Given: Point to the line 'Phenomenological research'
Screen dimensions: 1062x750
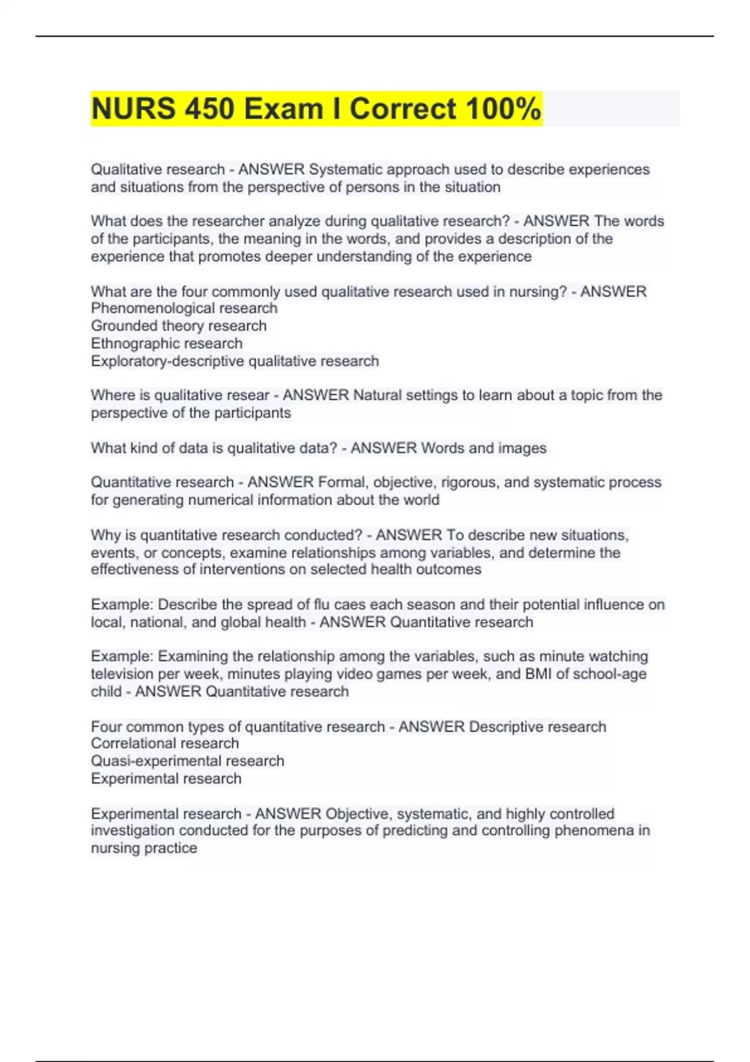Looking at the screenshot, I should click(x=184, y=308).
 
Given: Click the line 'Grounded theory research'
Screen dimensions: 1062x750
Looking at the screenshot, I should click(x=178, y=325).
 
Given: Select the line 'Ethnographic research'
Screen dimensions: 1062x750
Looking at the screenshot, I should click(x=166, y=343).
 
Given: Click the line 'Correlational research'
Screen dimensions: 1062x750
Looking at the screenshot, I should click(x=164, y=743).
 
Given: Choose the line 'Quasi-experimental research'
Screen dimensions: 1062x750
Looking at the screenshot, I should click(x=187, y=761).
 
